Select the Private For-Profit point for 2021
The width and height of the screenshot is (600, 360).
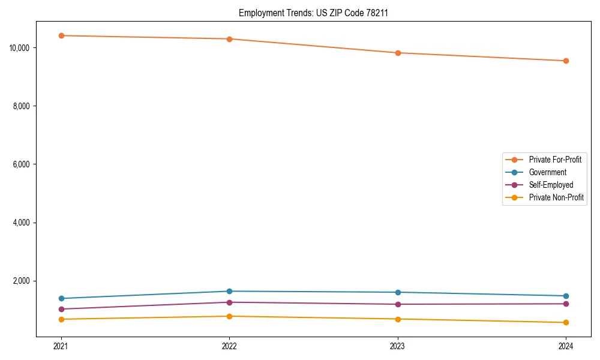point(61,35)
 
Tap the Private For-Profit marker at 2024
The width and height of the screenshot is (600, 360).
point(566,61)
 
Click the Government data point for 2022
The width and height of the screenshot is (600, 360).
point(229,291)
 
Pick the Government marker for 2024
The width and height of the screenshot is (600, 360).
point(566,296)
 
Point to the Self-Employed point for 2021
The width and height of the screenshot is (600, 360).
point(61,309)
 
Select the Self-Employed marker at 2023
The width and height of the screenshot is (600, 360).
point(398,304)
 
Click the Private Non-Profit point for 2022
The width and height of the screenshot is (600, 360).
point(229,316)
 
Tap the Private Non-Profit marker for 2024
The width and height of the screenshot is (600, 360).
point(566,322)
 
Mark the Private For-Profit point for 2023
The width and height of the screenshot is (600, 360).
point(398,53)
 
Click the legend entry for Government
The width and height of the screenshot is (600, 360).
point(547,172)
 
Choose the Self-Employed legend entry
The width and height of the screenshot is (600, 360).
point(551,185)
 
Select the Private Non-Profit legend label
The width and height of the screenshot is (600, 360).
point(556,197)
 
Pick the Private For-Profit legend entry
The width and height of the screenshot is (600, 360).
point(555,160)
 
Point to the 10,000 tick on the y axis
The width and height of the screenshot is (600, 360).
point(22,47)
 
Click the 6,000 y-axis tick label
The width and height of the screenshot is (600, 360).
point(23,164)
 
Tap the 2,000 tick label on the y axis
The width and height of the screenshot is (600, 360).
point(23,281)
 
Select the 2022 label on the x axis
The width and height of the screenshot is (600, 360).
point(229,346)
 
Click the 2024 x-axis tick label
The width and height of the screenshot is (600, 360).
point(566,346)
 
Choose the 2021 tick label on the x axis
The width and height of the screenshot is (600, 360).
point(61,346)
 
